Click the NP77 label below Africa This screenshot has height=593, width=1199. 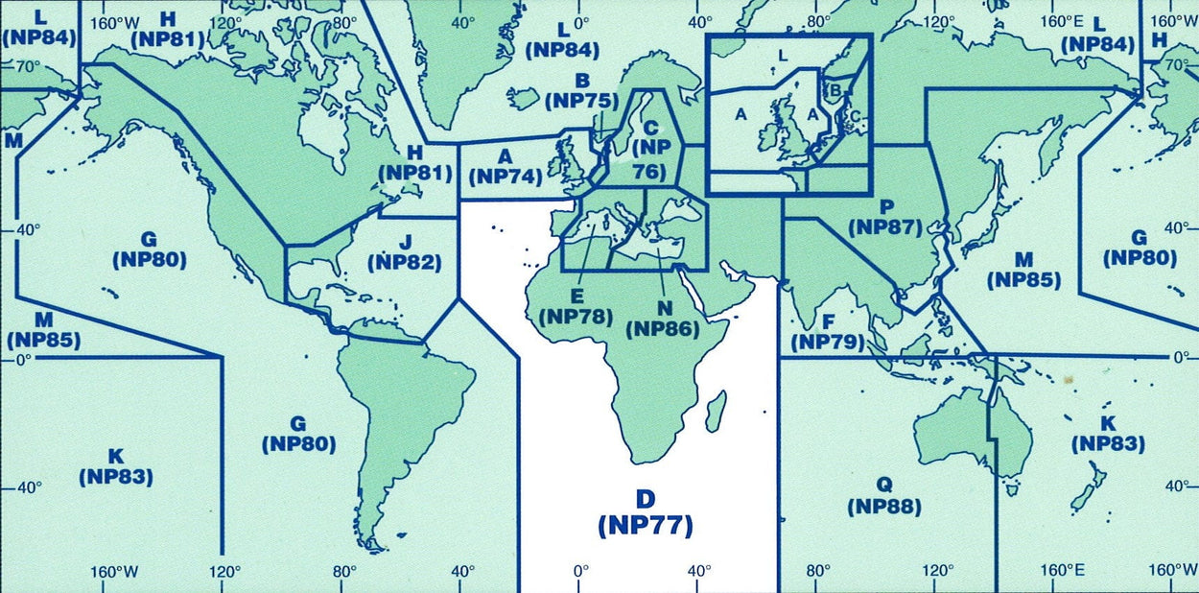click(x=645, y=526)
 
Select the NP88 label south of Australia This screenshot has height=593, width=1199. click(x=883, y=507)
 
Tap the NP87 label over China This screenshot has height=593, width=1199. click(x=885, y=227)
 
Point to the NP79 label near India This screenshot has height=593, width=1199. click(x=827, y=343)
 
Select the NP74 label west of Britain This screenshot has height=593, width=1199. click(x=506, y=177)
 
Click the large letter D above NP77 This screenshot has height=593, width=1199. click(x=646, y=499)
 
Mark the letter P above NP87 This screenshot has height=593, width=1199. click(x=886, y=206)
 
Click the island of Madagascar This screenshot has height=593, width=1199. click(x=715, y=411)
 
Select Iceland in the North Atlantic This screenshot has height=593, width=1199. click(x=523, y=97)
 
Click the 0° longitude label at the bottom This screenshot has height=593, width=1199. click(x=580, y=572)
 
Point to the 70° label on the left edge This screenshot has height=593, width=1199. click(x=26, y=66)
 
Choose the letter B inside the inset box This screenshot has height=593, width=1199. click(x=835, y=90)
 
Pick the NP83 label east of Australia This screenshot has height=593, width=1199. click(x=1108, y=443)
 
